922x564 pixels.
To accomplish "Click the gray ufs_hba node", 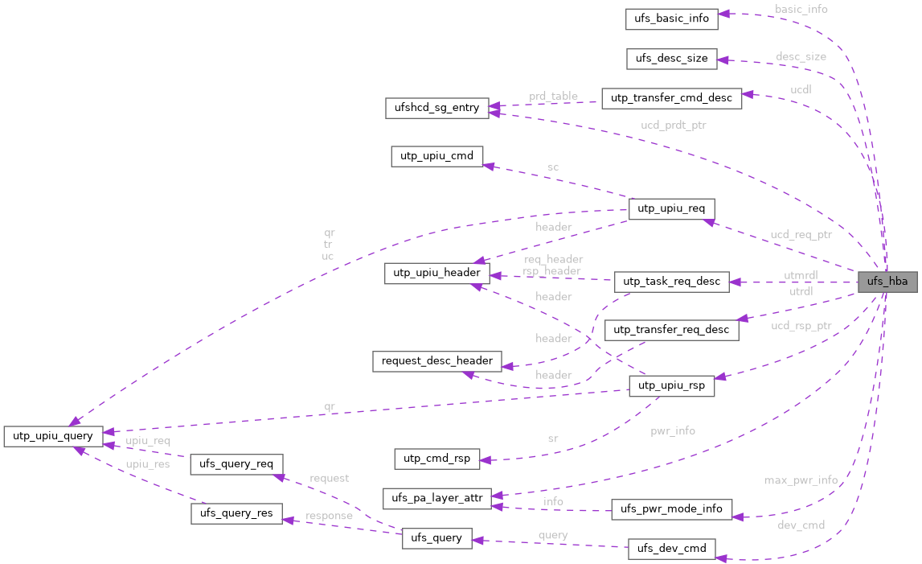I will click(x=887, y=282).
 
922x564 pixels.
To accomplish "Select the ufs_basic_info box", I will click(x=671, y=18).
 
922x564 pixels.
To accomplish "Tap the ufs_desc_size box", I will click(x=671, y=58).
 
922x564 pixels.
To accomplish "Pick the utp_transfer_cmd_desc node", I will click(x=671, y=98).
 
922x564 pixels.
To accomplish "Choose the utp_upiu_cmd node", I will click(x=436, y=155).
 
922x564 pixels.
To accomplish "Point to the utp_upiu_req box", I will click(x=670, y=209).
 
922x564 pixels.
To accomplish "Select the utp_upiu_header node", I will click(x=436, y=273).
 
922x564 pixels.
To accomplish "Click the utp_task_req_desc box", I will click(x=671, y=282).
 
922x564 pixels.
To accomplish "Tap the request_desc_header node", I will click(x=436, y=360).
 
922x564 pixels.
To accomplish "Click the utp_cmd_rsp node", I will click(x=436, y=459).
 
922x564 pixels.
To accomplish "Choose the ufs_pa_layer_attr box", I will click(x=436, y=498).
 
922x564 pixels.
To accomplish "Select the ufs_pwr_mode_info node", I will click(x=671, y=508).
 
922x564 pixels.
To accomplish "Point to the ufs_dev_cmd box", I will click(x=671, y=549).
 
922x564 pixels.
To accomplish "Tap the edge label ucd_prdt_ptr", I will click(x=673, y=126).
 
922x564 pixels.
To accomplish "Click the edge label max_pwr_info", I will click(x=801, y=480).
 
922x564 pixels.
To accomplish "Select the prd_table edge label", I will click(x=553, y=96).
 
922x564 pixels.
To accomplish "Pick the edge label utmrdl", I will click(x=801, y=276).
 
